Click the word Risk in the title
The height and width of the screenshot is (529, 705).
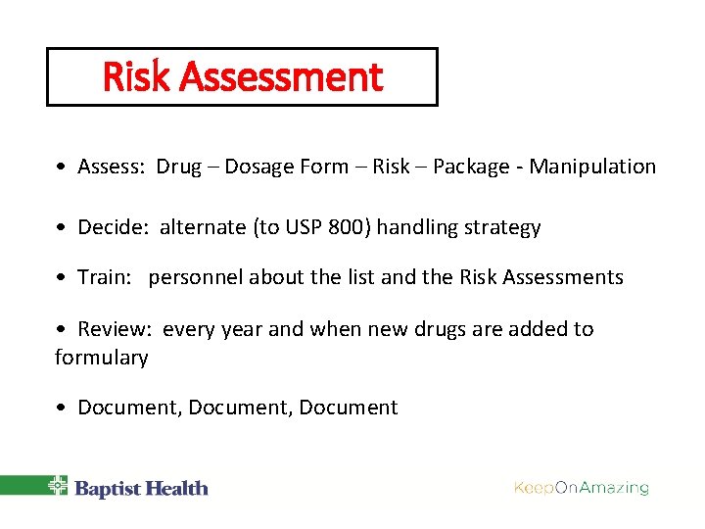point(133,77)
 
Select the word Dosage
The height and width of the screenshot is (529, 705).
point(258,167)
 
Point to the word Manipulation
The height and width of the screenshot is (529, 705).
point(592,167)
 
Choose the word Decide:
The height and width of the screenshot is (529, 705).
point(113,228)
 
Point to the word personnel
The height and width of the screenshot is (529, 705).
point(196,277)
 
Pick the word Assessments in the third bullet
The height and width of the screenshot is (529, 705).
point(563,277)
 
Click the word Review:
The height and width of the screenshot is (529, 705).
point(115,329)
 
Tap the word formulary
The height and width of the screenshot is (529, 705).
point(102,358)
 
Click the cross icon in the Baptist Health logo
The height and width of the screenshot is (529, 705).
point(59,486)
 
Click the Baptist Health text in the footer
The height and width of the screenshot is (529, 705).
point(141,488)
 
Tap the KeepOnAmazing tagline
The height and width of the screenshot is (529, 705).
point(582,487)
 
